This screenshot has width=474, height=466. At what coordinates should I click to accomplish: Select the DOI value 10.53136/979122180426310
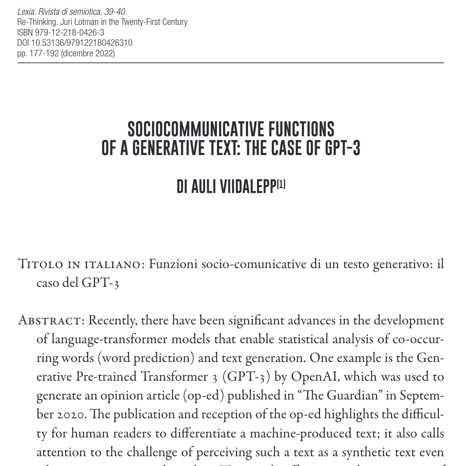point(82,43)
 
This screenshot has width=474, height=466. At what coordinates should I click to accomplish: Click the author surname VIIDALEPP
point(248,186)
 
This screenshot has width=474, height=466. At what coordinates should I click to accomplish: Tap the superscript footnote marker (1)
point(281,184)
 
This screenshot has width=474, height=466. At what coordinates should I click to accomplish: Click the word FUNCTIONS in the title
point(301,129)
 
